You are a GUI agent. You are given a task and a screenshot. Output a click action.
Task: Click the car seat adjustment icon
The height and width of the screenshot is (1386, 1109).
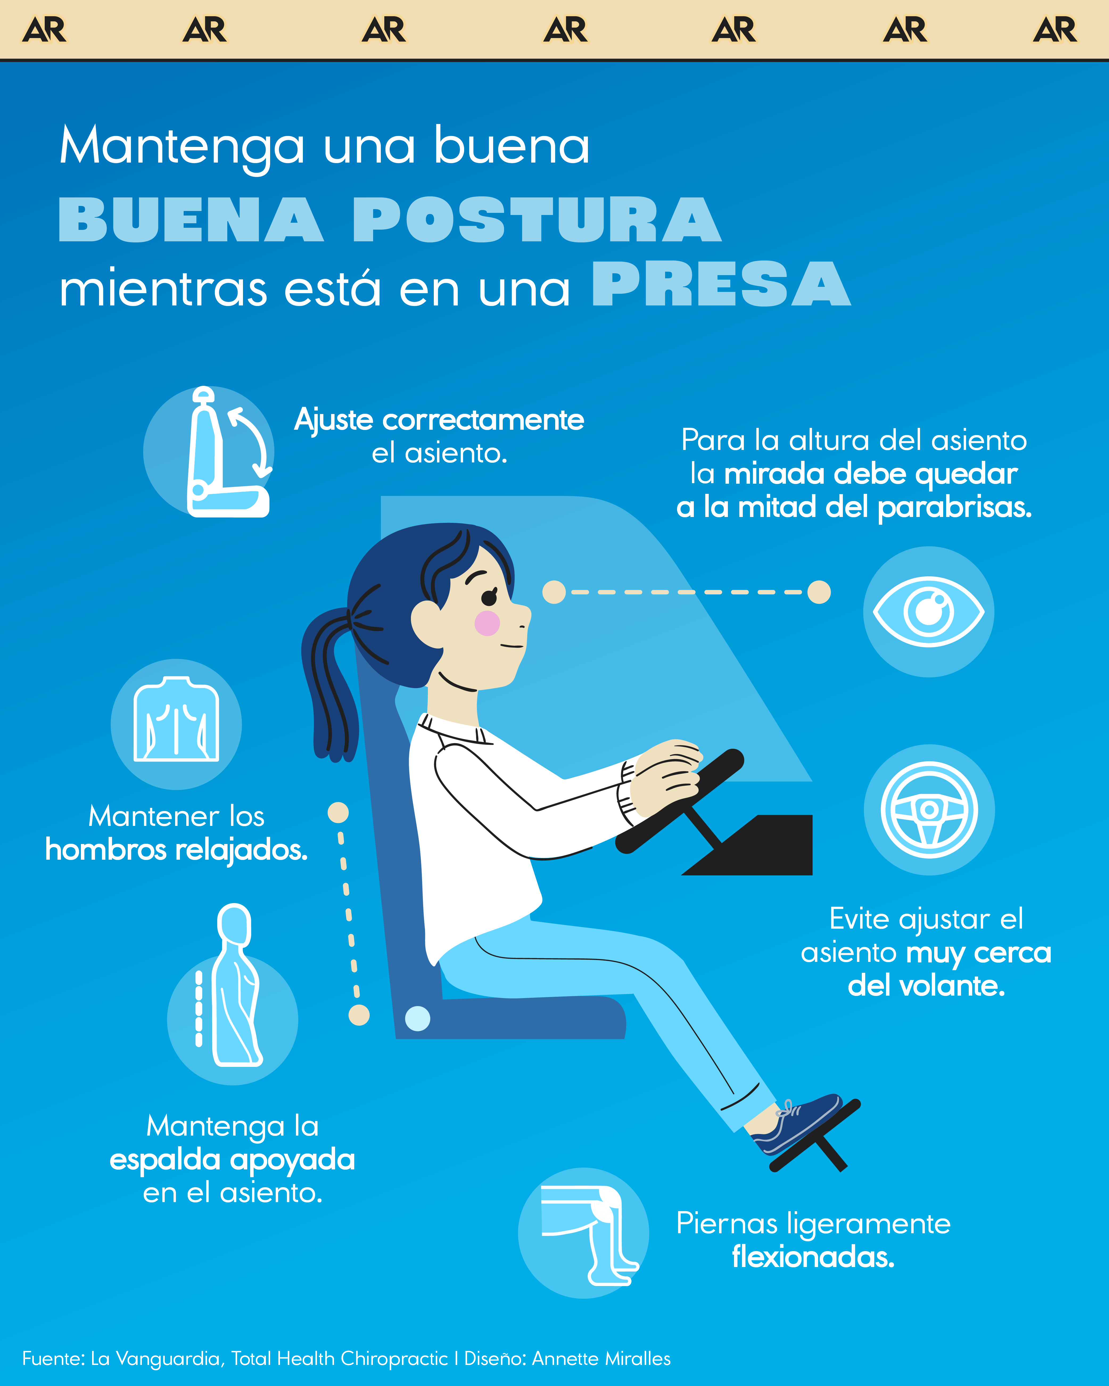(218, 452)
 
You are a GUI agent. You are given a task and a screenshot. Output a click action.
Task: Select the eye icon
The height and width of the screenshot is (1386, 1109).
(928, 611)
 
